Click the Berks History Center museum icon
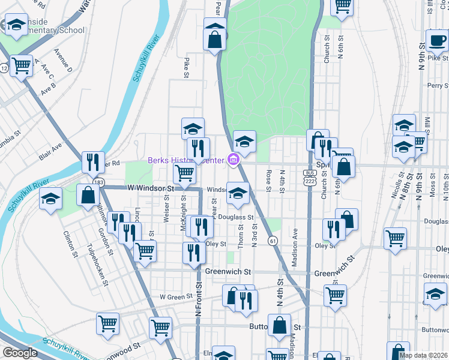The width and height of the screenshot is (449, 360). (x=234, y=160)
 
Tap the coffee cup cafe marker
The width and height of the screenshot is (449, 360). (x=436, y=40)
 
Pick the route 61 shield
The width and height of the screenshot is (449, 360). (x=273, y=241)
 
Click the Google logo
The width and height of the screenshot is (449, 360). (x=19, y=353)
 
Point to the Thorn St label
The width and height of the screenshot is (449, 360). (x=240, y=236)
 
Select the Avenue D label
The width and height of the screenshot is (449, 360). (x=62, y=61)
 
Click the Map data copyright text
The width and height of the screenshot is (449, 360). (x=423, y=355)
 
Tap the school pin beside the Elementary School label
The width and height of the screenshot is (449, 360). (x=17, y=25)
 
